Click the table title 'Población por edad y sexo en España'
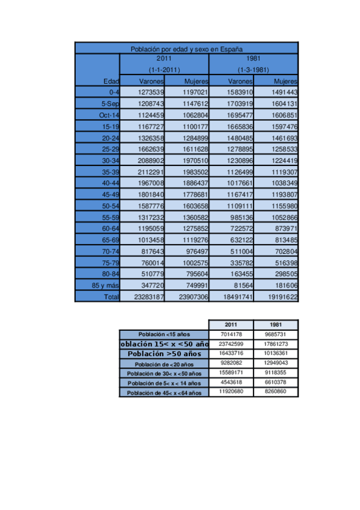[x=186, y=49]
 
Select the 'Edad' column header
[x=111, y=81]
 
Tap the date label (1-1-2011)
[x=164, y=70]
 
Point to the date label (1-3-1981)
[x=253, y=70]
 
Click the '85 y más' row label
[x=105, y=286]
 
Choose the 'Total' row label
[x=111, y=297]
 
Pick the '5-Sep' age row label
[x=109, y=103]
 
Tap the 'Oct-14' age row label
[x=109, y=114]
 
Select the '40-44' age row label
[x=110, y=183]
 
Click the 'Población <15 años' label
[x=164, y=334]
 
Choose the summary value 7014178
[x=231, y=334]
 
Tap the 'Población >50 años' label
[x=164, y=354]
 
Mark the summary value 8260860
[x=276, y=392]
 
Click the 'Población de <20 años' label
[x=164, y=364]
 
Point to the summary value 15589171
[x=231, y=373]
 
